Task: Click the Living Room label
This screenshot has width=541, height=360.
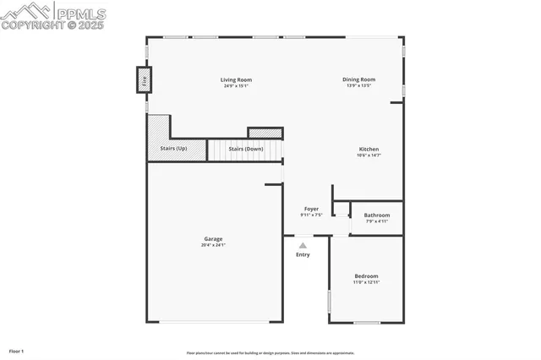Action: click(238, 80)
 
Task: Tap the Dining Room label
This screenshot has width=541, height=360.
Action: click(358, 79)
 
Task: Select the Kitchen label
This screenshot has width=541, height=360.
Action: click(369, 150)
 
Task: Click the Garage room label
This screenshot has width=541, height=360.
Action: click(213, 239)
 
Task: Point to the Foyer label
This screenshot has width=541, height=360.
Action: click(311, 209)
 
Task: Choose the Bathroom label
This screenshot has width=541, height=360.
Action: click(377, 215)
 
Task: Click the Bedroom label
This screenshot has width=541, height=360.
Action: click(366, 276)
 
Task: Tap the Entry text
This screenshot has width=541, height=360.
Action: click(303, 254)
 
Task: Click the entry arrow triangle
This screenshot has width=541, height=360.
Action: click(303, 245)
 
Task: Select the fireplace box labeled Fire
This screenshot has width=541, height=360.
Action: click(145, 81)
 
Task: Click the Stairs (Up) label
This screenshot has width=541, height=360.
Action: click(175, 150)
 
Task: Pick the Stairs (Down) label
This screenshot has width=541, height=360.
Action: click(246, 150)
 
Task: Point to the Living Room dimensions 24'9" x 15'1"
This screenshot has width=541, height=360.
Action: click(238, 86)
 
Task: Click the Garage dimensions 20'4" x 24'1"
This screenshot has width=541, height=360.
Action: click(213, 245)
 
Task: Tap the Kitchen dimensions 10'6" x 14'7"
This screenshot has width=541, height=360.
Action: click(369, 155)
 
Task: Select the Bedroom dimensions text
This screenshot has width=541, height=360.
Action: click(366, 282)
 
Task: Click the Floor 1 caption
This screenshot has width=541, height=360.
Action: click(16, 351)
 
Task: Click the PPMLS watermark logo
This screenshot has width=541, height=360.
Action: click(54, 15)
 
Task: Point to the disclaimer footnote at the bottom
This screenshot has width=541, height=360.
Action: click(270, 353)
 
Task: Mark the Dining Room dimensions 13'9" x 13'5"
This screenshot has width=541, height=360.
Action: click(358, 85)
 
